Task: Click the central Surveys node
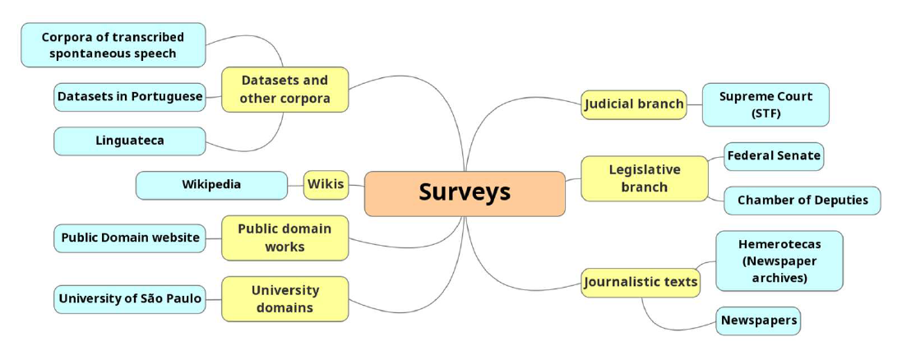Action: [x=465, y=193]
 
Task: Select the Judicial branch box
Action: [x=633, y=104]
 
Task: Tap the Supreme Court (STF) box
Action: [x=765, y=104]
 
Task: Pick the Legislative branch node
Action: [x=644, y=178]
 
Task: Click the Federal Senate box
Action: [x=773, y=155]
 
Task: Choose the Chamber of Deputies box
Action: [x=802, y=201]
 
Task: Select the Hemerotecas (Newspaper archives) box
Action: [x=779, y=261]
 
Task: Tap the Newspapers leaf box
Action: [x=758, y=321]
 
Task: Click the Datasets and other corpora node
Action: [x=284, y=90]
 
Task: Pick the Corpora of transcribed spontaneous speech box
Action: [x=113, y=45]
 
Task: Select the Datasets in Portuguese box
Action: [x=129, y=97]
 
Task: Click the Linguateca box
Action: [x=129, y=141]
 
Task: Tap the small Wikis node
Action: [x=326, y=184]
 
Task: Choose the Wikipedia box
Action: [x=211, y=185]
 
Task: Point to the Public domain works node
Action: [x=284, y=238]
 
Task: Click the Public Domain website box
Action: [x=129, y=238]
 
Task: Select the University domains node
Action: [x=284, y=299]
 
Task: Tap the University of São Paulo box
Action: [x=129, y=299]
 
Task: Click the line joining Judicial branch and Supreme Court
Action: [x=694, y=104]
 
